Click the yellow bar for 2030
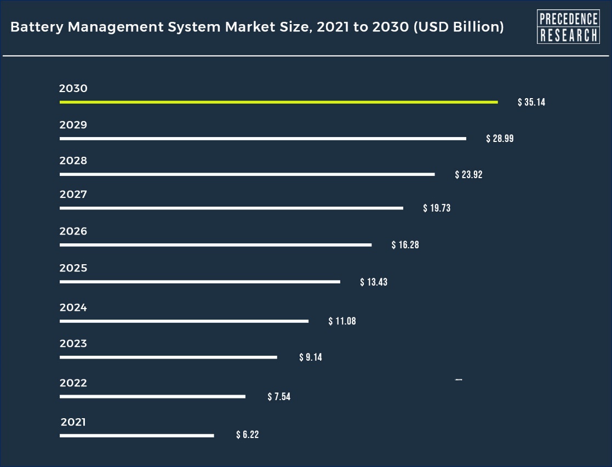(x=278, y=102)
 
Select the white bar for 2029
(x=262, y=139)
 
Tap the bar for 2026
(x=215, y=244)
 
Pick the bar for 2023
(x=168, y=357)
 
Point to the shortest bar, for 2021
(x=136, y=436)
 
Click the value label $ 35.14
(x=531, y=102)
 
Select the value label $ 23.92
(x=468, y=175)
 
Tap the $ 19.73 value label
(x=437, y=208)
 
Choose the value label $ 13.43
(x=374, y=282)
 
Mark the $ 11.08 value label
(x=342, y=321)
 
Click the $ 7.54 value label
(x=279, y=397)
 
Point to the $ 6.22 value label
(x=247, y=435)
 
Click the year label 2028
(x=73, y=161)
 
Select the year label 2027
(x=73, y=195)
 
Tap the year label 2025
(x=73, y=269)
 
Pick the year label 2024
(x=73, y=308)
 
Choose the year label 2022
(x=73, y=383)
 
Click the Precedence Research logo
(x=568, y=26)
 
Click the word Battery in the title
(x=37, y=27)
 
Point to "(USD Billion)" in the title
(x=459, y=27)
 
